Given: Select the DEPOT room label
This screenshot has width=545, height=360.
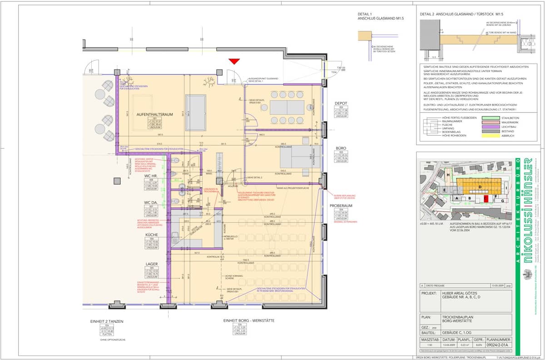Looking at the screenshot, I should coord(341,104).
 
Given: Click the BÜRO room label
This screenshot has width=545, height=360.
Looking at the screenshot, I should coord(341,148).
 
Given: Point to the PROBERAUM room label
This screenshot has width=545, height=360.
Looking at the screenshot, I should coord(341,205).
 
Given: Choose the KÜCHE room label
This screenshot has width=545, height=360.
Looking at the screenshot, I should coord(152,235).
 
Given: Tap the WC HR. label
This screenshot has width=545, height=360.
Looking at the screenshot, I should coord(152,175).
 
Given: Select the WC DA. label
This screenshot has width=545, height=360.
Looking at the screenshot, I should coord(152,202).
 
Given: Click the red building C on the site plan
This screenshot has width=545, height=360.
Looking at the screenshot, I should coord(486,198).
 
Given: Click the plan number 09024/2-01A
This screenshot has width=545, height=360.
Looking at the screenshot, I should coord(499,345).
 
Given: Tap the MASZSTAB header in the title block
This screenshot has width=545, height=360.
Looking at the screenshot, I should coord(428,340).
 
